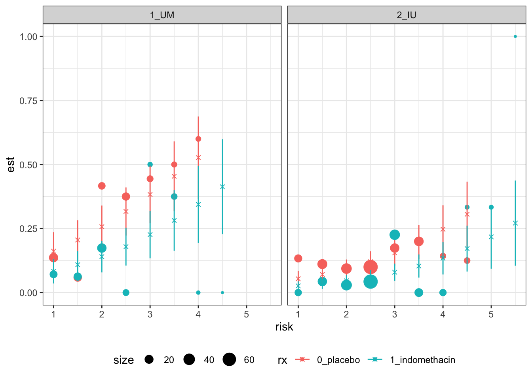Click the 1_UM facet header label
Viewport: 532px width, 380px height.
162,15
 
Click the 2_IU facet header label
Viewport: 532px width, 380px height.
407,15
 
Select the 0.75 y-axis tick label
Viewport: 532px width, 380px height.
28,101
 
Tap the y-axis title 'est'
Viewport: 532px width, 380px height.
11,165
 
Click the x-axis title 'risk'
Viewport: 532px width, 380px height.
284,327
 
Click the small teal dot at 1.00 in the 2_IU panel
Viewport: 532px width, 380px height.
515,36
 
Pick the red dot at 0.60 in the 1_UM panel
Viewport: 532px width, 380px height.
198,139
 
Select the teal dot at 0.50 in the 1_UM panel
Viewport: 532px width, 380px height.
150,165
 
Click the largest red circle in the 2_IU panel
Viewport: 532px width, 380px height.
370,267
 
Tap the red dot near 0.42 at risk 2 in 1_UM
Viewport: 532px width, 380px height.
102,186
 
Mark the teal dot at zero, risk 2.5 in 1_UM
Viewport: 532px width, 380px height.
126,293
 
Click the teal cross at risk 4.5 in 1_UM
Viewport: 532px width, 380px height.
222,187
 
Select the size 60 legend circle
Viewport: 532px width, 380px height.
229,360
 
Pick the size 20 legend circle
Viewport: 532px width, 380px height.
149,360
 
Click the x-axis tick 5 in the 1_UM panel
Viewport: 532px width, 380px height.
247,314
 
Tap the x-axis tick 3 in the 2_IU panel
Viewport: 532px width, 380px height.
395,314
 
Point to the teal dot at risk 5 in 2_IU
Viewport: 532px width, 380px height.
491,207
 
